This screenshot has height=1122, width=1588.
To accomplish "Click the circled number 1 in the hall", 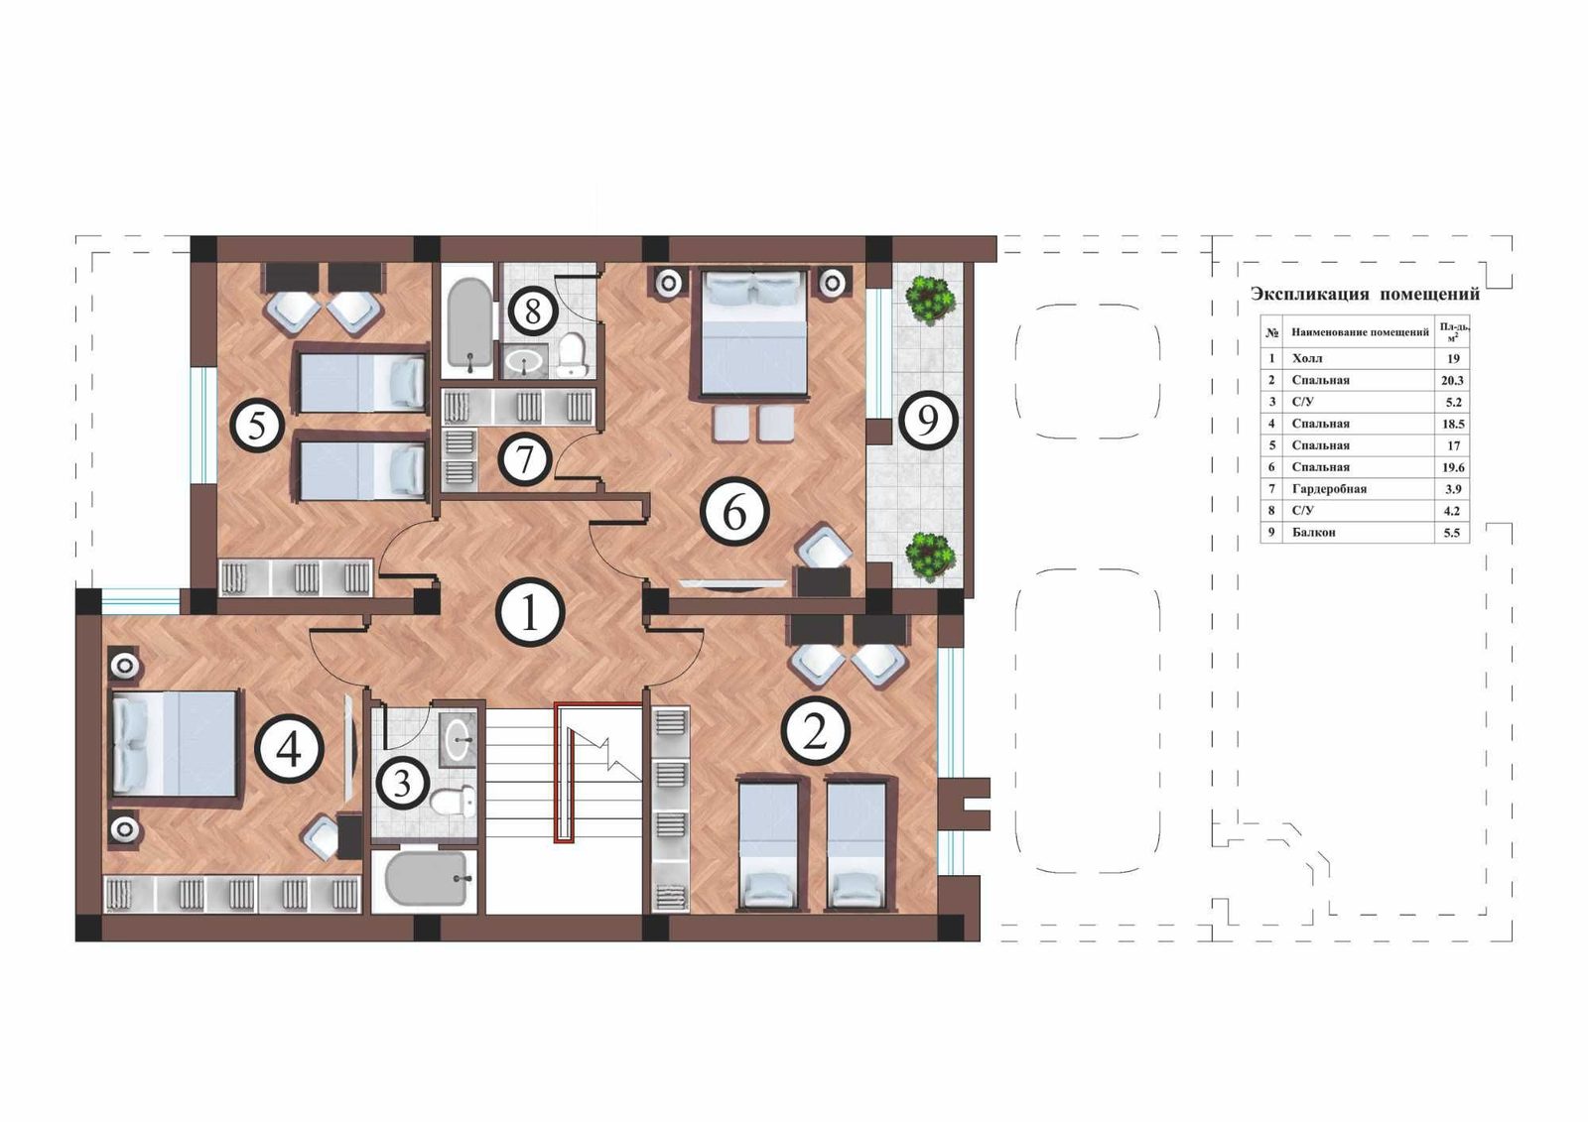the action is tap(530, 612).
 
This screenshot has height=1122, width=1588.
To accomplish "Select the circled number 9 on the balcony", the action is tap(928, 421).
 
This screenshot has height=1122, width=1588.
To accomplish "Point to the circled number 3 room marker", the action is tap(402, 784).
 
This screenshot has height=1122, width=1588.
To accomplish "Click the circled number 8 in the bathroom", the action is tap(533, 312).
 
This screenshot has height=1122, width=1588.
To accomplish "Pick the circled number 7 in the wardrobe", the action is tap(525, 460).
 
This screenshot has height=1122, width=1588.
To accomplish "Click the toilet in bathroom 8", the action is tap(572, 356).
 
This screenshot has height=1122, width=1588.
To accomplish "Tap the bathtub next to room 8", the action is tap(467, 325).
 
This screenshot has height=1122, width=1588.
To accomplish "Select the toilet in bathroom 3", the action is tap(454, 801).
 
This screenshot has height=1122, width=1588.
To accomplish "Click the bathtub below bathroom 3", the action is tap(427, 878).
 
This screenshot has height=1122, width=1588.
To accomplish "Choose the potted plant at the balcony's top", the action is tap(929, 300).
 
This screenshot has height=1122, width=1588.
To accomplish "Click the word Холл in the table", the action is tap(1306, 359).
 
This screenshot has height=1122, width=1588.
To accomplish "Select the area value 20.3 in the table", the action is tap(1452, 381).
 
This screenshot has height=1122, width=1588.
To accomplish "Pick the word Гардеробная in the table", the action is tap(1329, 489).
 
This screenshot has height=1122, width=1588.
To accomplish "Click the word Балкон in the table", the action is tap(1314, 533).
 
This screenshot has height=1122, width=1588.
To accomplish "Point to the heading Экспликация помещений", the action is tap(1365, 294).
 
